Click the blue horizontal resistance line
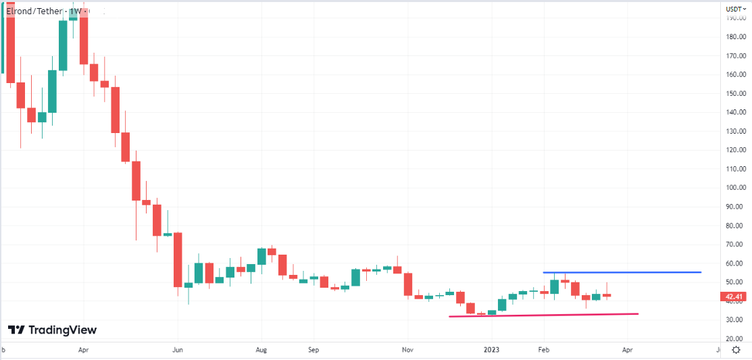click(x=622, y=272)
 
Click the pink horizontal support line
click(x=544, y=315)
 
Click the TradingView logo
click(x=52, y=330)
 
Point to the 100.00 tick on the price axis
click(x=735, y=188)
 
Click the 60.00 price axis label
click(x=735, y=263)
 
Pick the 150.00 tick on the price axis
click(x=735, y=94)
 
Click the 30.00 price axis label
click(x=735, y=319)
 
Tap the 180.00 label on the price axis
click(x=735, y=37)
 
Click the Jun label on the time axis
click(x=177, y=351)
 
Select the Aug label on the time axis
click(x=262, y=351)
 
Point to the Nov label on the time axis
click(x=407, y=351)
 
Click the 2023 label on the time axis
click(x=492, y=351)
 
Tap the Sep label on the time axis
click(x=313, y=351)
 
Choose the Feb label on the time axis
click(x=543, y=351)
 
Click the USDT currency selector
click(x=735, y=9)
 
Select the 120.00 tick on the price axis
click(x=735, y=150)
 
